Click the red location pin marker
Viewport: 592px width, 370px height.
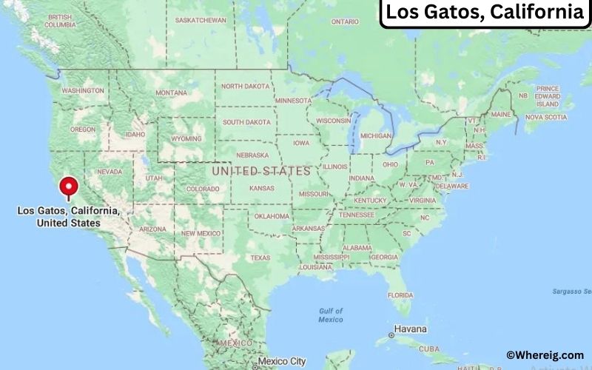coord(70,186)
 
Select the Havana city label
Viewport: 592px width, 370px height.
coord(410,329)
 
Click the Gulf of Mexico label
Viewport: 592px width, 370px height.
coord(331,315)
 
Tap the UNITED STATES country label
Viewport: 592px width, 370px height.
coord(261,171)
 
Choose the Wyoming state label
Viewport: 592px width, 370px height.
coord(186,138)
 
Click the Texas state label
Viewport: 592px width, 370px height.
coord(260,258)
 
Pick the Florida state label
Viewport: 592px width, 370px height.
coord(400,295)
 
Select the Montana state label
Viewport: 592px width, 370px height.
coord(172,93)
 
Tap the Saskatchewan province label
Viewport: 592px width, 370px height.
coord(201,20)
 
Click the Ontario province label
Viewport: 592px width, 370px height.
coord(344,22)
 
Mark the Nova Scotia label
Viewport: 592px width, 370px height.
coord(546,117)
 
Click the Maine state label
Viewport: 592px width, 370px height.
coord(501,115)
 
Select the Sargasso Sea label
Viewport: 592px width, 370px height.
coord(572,292)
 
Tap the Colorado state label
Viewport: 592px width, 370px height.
coord(203,189)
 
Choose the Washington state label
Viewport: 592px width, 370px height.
coord(83,90)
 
